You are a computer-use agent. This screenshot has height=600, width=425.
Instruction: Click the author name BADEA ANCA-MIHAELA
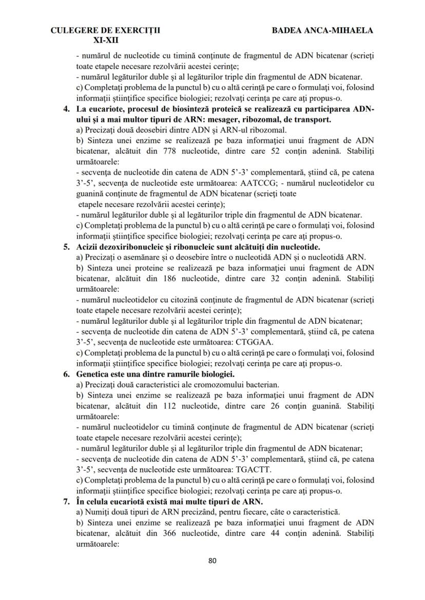point(322,31)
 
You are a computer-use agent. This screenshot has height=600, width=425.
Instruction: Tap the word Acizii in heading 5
point(87,247)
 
